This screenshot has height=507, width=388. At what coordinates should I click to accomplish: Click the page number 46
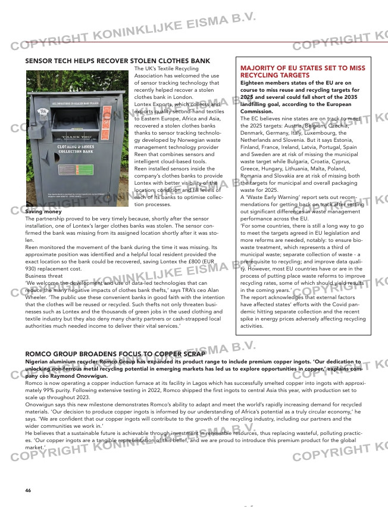(28, 490)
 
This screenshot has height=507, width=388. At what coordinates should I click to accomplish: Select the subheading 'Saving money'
(43, 212)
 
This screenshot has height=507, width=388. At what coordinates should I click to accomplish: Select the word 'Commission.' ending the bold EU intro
(256, 111)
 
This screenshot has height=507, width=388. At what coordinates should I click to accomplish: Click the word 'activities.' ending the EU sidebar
(251, 326)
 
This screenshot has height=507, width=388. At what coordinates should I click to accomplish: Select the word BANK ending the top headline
(199, 61)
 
